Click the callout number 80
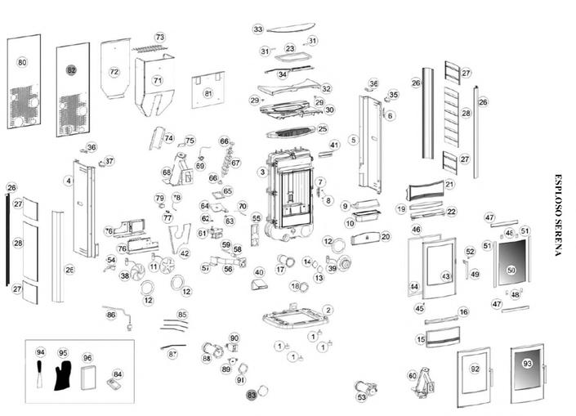click(22, 62)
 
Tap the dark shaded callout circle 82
click(71, 70)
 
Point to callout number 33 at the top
click(258, 29)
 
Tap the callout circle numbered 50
click(511, 269)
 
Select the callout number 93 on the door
click(527, 363)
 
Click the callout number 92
click(475, 369)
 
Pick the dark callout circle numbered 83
click(252, 394)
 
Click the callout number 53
click(362, 397)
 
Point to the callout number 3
click(261, 172)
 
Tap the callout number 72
click(114, 72)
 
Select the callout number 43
click(446, 277)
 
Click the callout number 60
click(413, 375)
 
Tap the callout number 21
click(449, 185)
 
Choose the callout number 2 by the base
click(328, 310)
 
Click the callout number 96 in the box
click(87, 358)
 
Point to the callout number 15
click(422, 339)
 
